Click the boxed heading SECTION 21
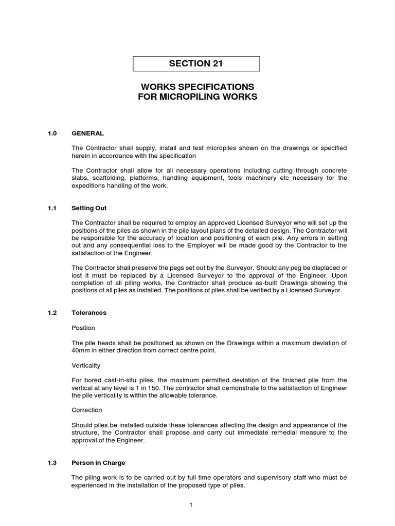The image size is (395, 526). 196,64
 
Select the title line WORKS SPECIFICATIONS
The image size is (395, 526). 197,86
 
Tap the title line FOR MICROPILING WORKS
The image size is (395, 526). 197,97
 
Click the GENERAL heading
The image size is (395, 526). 87,133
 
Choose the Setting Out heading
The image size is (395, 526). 89,208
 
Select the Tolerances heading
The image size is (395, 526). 89,312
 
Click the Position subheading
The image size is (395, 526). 83,328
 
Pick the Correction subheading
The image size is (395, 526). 86,410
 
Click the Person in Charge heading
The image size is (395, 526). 98,463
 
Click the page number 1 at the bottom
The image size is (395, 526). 190,505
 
